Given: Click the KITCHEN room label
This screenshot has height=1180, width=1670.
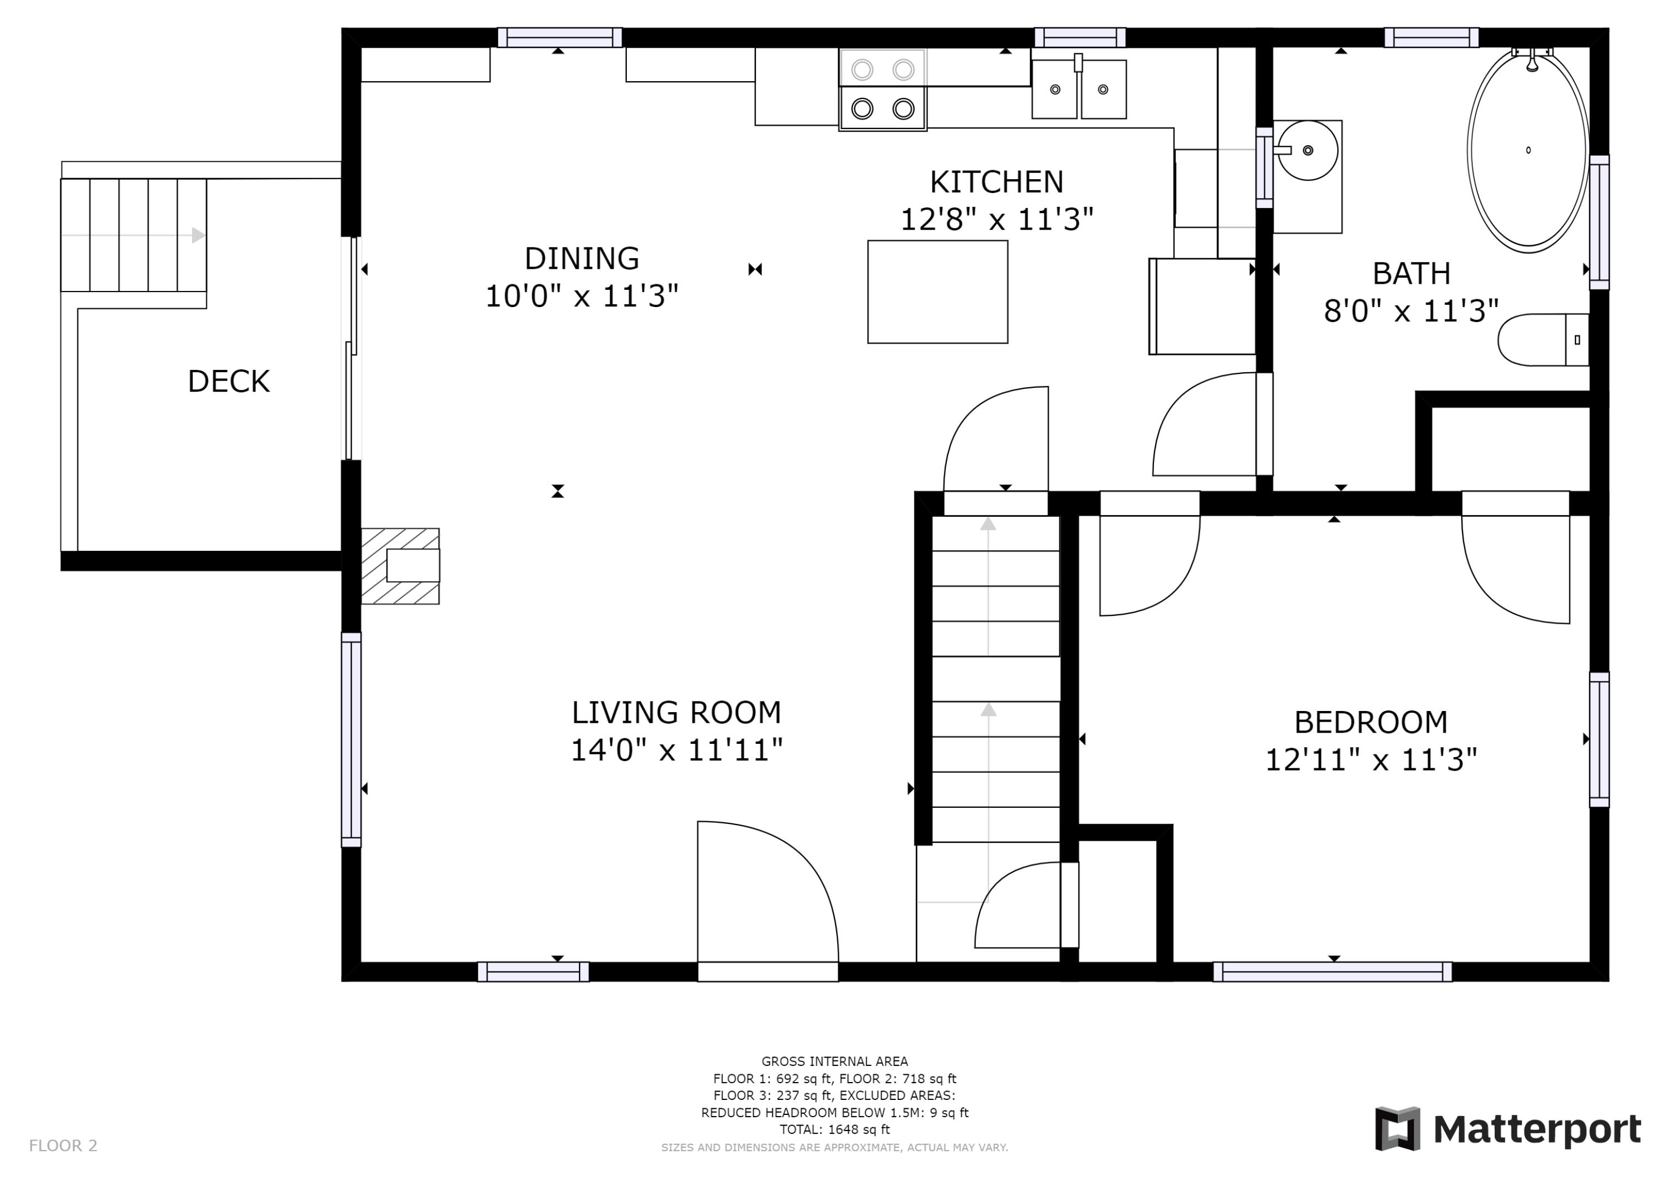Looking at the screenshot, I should click(x=996, y=182).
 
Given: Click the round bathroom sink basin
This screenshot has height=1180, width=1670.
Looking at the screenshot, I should click(x=1307, y=151).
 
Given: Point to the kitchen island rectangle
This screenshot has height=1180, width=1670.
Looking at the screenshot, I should click(x=937, y=292).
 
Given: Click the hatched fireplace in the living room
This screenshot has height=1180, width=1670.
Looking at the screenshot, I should click(x=400, y=566).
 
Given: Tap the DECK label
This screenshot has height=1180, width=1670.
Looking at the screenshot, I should click(x=228, y=382).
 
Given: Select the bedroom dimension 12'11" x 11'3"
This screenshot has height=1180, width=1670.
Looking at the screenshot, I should click(x=1371, y=761).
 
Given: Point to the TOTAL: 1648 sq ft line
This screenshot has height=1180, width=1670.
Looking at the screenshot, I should click(x=834, y=1129).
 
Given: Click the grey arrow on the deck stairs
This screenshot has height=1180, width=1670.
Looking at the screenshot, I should click(x=198, y=235).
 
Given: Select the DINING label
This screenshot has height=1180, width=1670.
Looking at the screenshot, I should click(x=581, y=259).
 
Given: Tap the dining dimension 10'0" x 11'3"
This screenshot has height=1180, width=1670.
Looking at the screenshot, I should click(x=581, y=297).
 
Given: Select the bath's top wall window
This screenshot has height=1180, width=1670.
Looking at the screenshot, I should click(x=1431, y=37).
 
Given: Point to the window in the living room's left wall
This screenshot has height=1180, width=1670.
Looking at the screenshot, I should click(x=351, y=739).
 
